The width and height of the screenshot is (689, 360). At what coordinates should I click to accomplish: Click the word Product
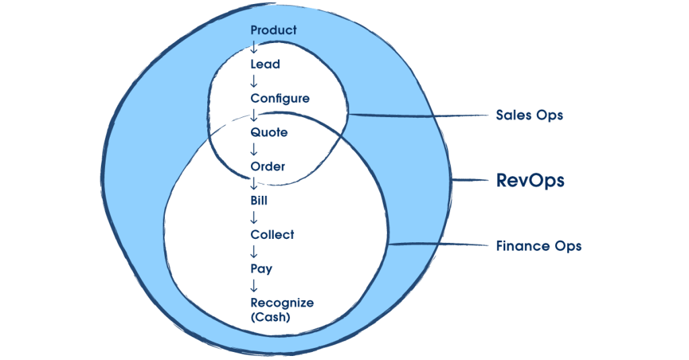pos(273,30)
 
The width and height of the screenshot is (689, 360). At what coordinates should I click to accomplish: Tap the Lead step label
pos(265,65)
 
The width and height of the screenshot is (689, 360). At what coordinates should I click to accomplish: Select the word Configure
pos(280,98)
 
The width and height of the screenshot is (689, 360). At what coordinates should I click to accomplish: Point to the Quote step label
pos(269,133)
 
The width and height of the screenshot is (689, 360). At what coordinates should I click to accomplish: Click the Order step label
pos(268,166)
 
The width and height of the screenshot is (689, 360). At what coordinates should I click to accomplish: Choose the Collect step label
pos(273,235)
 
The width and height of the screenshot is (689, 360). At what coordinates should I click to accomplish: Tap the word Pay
pos(261,269)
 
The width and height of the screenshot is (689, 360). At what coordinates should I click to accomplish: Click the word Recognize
pos(282,303)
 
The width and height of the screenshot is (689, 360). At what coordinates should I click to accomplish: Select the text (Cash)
pos(270,317)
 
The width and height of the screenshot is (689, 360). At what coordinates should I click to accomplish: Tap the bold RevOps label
pos(530,180)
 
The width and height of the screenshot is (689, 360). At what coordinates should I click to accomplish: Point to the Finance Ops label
pos(538,246)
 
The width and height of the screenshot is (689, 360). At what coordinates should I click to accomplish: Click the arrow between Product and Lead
pos(254,47)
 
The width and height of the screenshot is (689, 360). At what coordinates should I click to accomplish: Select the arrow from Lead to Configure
pos(254,81)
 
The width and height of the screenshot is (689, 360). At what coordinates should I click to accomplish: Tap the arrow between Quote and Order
pos(254,149)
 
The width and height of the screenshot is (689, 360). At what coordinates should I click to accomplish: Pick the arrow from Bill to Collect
pos(254,217)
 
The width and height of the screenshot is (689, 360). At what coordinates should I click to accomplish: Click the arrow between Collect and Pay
pos(254,252)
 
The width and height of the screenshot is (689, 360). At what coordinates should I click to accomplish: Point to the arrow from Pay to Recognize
pos(254,286)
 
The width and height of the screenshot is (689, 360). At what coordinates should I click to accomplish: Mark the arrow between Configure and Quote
pos(254,116)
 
